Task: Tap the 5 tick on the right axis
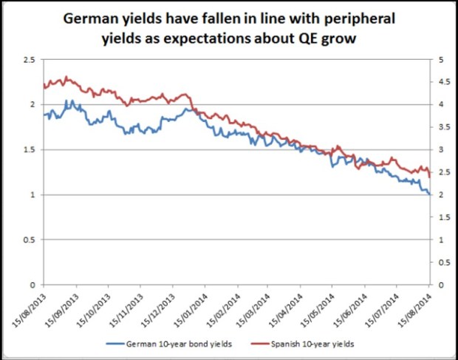(440, 59)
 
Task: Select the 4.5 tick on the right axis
(443, 82)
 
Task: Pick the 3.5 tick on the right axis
(443, 127)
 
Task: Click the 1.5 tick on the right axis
(443, 217)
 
